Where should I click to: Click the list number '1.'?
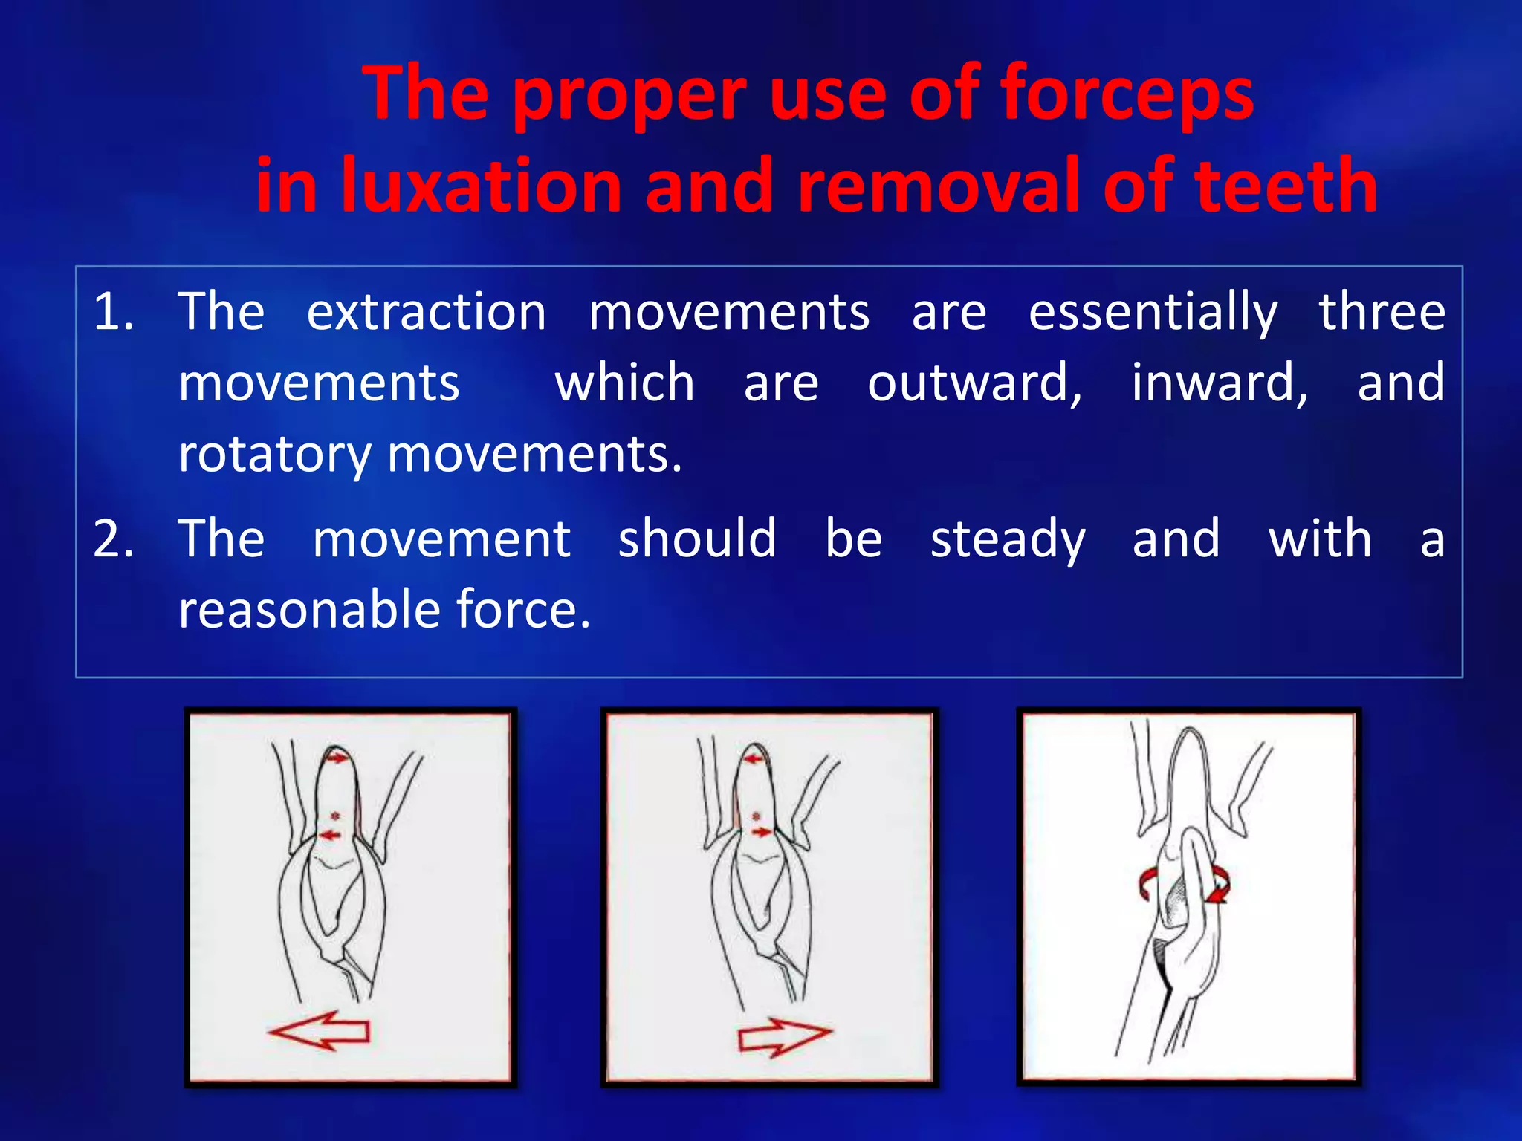(x=113, y=312)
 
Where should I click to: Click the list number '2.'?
(x=113, y=539)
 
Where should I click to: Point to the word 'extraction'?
(x=427, y=312)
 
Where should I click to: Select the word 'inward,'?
(x=1220, y=383)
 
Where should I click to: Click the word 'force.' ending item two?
(x=523, y=611)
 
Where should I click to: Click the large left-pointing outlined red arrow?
(x=320, y=1031)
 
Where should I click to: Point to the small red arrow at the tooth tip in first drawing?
(x=337, y=758)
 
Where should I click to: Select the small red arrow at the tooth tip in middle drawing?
(x=755, y=758)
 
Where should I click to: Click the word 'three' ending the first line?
(x=1382, y=312)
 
